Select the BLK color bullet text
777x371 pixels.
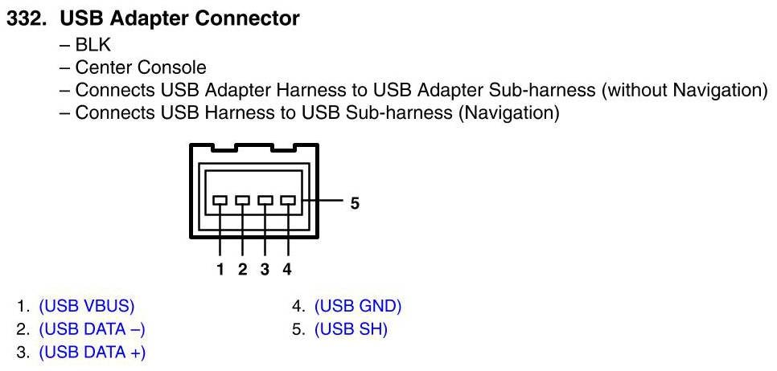pos(91,46)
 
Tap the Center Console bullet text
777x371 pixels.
pos(140,67)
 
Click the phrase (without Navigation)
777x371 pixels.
pos(684,90)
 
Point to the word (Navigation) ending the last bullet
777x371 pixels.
pos(508,112)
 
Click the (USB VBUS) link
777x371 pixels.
pos(86,306)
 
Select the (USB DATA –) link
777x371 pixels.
pos(92,329)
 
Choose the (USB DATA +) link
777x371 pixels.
pos(92,352)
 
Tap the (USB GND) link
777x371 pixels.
pos(357,306)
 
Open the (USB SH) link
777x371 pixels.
pos(351,329)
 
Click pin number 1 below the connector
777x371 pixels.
pos(220,269)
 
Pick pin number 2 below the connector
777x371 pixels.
pos(242,269)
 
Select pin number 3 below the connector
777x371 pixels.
pos(265,269)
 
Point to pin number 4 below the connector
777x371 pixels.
pos(287,269)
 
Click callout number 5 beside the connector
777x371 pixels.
pos(355,203)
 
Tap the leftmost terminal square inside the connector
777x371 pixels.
pos(220,200)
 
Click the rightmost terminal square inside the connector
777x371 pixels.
pos(287,200)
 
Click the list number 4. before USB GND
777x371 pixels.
pos(298,306)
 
